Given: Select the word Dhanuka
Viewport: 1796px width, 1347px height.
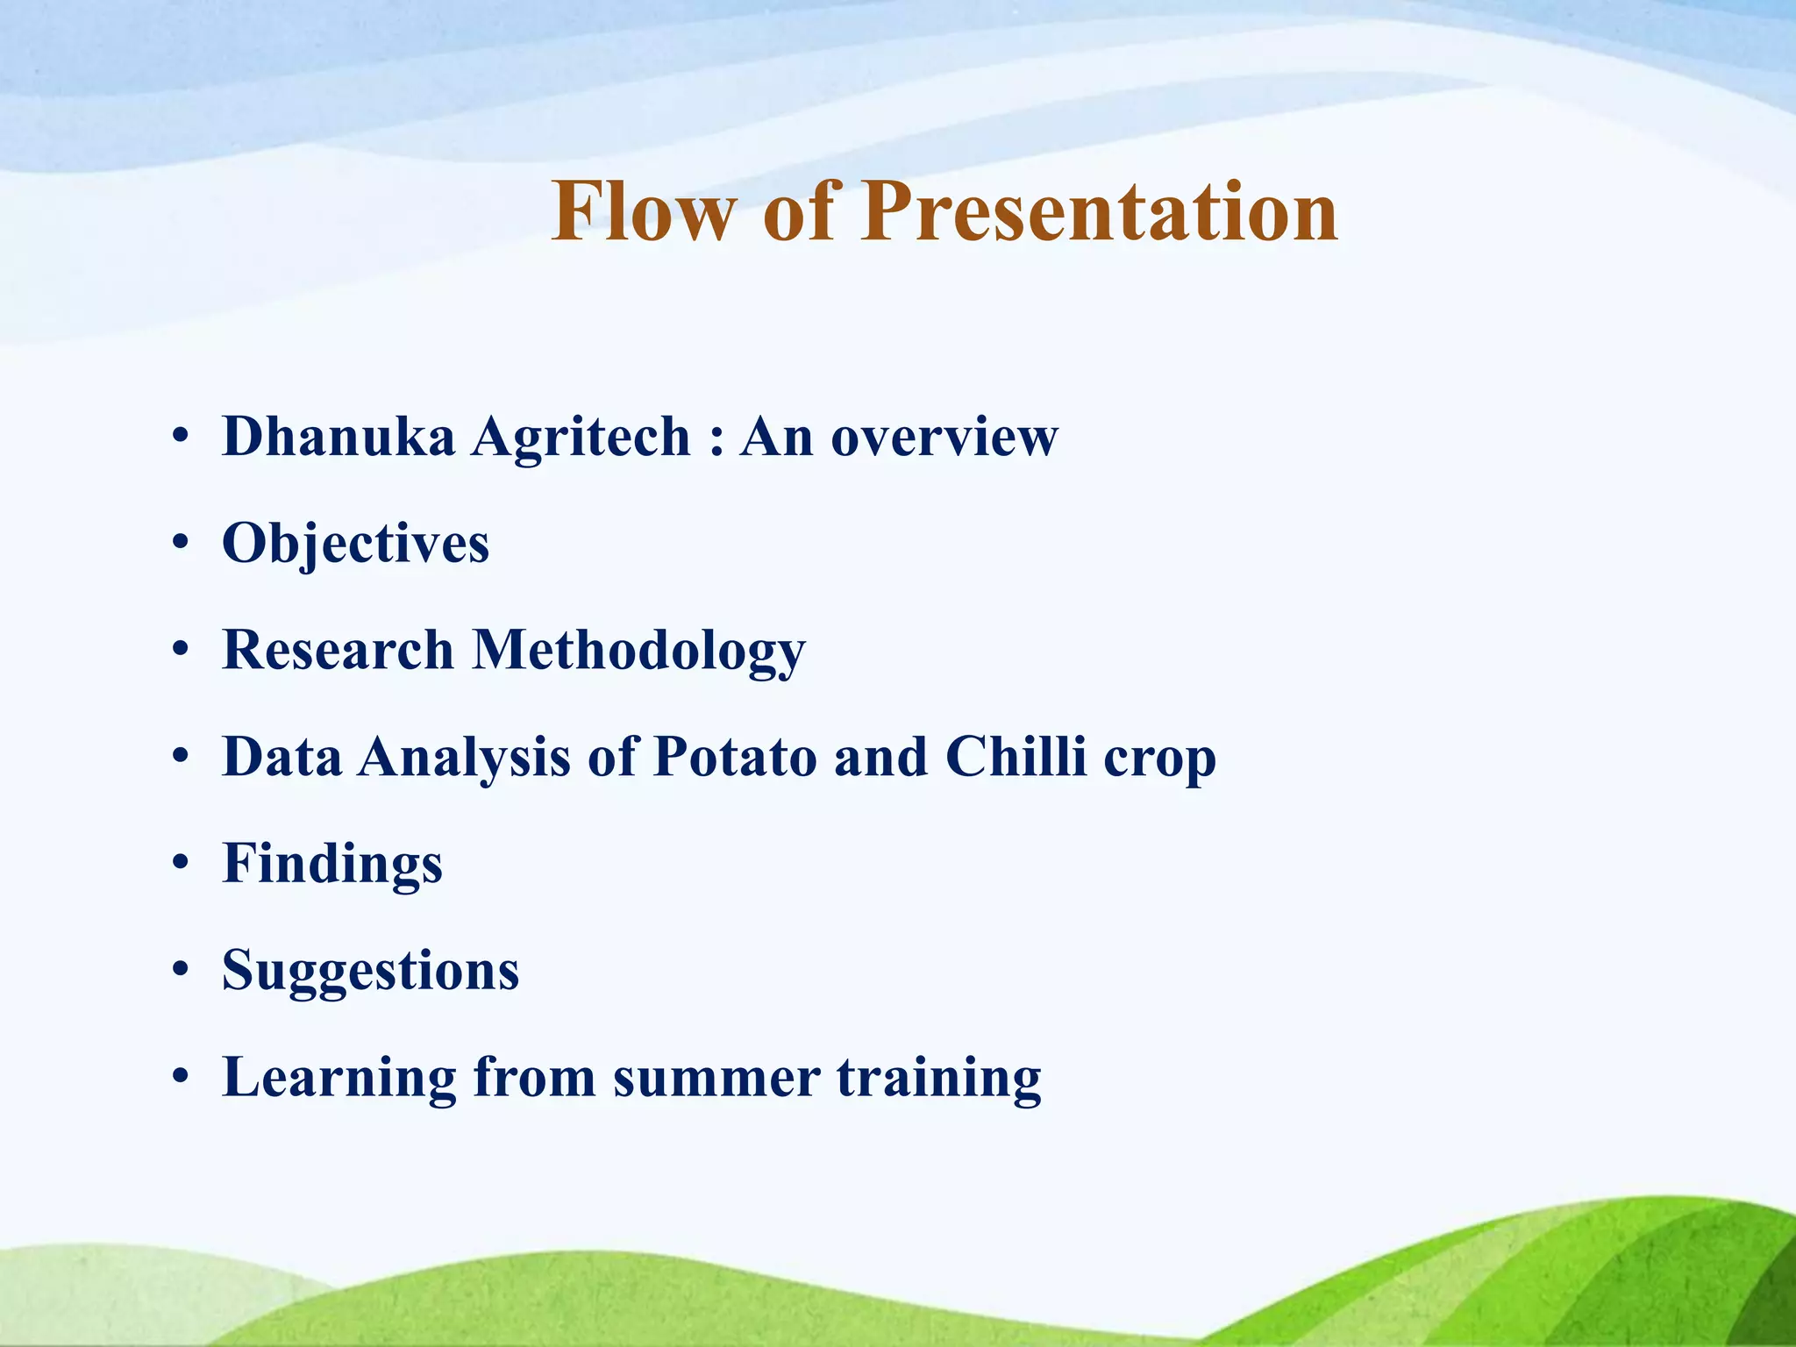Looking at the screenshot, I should [x=339, y=436].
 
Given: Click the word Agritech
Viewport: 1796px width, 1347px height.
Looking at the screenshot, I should [x=581, y=438].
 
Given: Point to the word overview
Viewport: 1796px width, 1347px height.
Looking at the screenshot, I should [x=944, y=438].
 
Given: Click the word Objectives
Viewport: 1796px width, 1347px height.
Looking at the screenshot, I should [x=355, y=543].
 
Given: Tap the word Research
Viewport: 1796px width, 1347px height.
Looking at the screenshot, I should [x=338, y=650].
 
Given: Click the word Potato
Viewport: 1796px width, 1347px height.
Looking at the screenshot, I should [x=735, y=756].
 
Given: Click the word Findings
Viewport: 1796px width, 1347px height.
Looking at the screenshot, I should [x=332, y=865].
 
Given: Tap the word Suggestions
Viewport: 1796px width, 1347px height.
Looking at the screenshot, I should [x=370, y=972].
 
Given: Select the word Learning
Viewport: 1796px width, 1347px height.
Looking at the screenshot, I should [x=339, y=1079].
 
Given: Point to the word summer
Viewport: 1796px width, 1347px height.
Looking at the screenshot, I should [x=716, y=1079].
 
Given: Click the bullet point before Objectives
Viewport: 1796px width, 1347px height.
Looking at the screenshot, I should [x=181, y=544].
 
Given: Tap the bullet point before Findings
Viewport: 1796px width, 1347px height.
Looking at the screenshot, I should [x=181, y=864].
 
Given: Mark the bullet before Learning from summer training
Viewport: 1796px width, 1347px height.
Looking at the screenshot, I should [x=181, y=1078].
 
